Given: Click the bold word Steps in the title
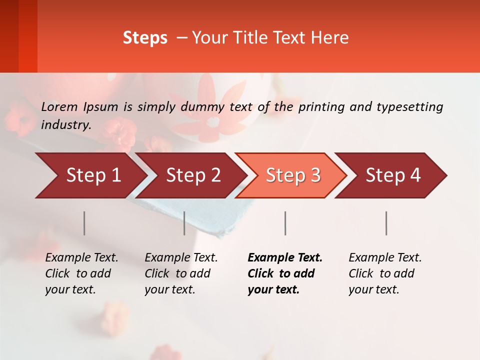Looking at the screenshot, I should (145, 38).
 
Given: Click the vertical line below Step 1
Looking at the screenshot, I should (84, 223).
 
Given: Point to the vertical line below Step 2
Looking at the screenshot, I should (184, 223).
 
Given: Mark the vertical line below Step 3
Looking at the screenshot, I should (285, 223).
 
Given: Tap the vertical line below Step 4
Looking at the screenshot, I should (386, 223).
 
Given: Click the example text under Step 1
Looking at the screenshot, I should (81, 273).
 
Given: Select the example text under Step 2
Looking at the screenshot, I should (181, 273).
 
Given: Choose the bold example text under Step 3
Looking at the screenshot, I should (284, 273).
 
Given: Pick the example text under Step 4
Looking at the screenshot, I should (385, 273).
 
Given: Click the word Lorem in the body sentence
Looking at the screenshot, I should (59, 106).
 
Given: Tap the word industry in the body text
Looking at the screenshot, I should (65, 125).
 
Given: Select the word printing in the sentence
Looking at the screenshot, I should (322, 107).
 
